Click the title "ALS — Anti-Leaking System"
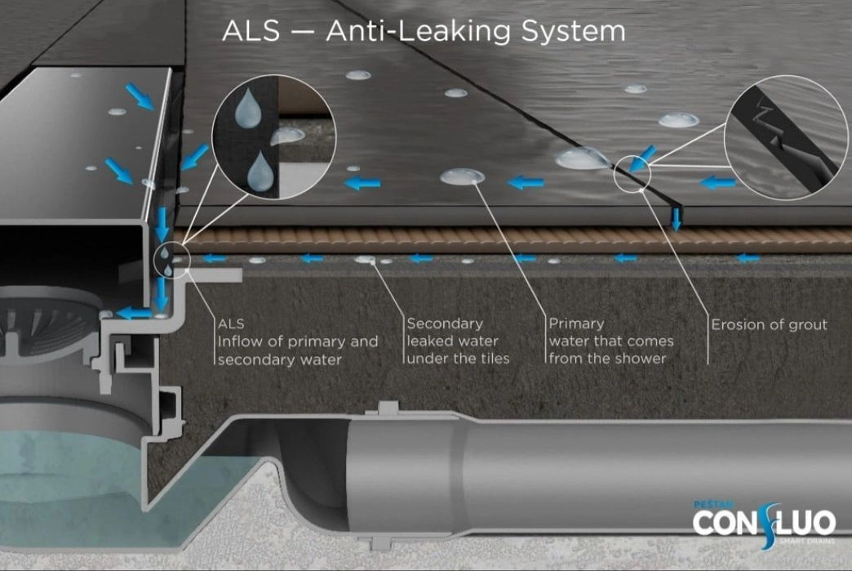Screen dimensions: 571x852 424,31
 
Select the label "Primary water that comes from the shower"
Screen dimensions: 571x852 610,341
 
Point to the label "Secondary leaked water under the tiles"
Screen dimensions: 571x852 457,341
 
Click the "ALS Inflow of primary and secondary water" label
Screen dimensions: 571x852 297,341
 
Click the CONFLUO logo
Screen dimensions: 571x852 763,521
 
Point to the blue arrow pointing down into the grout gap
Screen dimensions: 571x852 676,218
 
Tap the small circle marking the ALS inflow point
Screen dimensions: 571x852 171,260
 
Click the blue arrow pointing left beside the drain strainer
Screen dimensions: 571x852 133,313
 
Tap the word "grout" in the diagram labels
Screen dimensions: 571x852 805,325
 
